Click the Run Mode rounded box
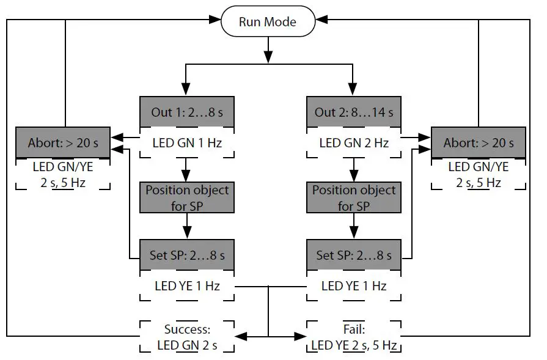click(x=267, y=22)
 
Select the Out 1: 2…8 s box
click(x=187, y=112)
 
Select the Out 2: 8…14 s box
click(x=354, y=112)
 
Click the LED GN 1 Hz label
click(x=187, y=144)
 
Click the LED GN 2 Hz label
click(x=354, y=144)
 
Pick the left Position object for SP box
click(x=187, y=197)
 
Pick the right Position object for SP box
click(x=354, y=197)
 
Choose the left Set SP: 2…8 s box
click(x=187, y=255)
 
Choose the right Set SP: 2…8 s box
click(x=354, y=255)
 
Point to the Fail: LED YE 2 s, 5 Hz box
click(x=354, y=337)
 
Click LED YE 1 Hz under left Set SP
click(x=187, y=285)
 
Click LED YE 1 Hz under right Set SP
click(x=354, y=285)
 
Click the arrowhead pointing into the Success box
click(x=241, y=336)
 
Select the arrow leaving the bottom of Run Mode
click(x=267, y=50)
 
